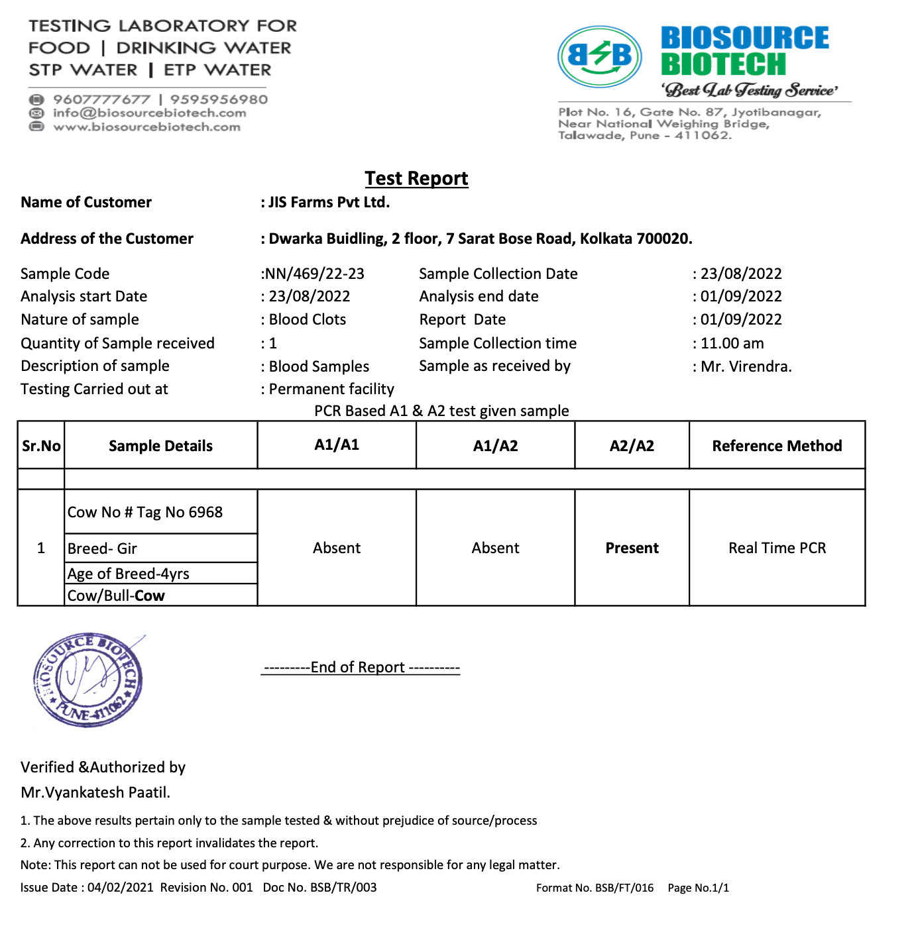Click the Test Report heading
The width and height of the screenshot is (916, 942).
tap(416, 178)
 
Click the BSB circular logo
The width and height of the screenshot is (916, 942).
tap(600, 56)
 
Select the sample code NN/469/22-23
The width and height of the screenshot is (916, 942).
tap(314, 274)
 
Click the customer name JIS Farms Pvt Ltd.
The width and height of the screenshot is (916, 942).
tap(329, 202)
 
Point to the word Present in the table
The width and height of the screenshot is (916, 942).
tap(632, 548)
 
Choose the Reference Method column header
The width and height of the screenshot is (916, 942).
tap(777, 446)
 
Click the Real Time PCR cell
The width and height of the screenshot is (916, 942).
tap(777, 548)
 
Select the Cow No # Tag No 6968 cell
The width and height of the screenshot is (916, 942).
tap(145, 512)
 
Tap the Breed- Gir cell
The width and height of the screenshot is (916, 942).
tap(103, 549)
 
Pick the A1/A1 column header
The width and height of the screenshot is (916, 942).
tap(337, 445)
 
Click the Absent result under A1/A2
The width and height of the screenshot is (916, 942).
tap(495, 548)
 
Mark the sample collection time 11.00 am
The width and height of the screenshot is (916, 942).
tap(732, 343)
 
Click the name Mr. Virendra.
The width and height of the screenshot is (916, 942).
tap(746, 366)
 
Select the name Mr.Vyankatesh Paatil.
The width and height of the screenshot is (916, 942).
tap(95, 792)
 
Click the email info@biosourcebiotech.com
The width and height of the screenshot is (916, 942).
tap(149, 113)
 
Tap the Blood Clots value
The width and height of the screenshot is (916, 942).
tap(307, 319)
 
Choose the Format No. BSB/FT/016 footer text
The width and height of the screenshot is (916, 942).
tap(595, 888)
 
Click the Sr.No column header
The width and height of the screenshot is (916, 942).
tap(41, 446)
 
